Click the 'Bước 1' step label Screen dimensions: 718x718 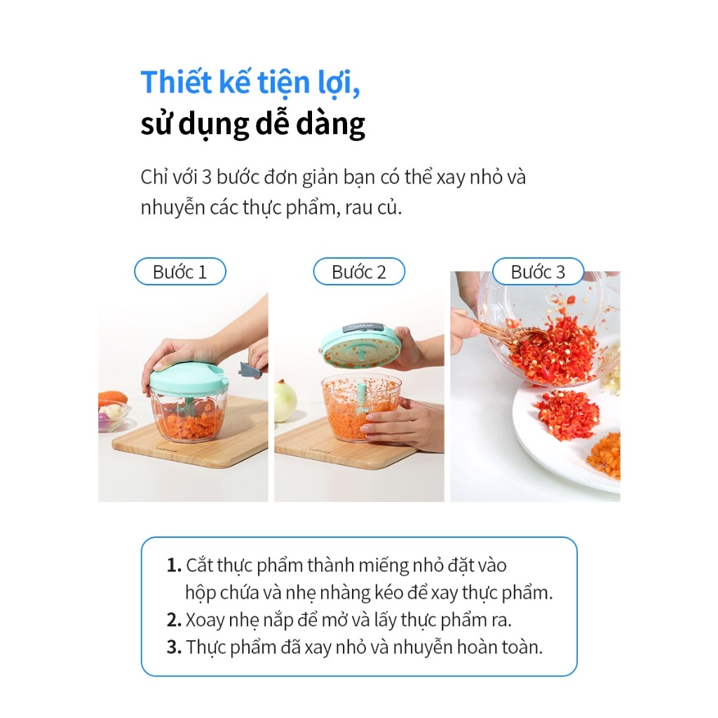(x=180, y=271)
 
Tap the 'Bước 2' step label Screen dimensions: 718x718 (x=359, y=271)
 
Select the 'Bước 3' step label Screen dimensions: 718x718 (x=538, y=271)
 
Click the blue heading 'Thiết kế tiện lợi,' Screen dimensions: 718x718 (x=250, y=83)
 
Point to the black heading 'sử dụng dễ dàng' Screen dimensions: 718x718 (x=252, y=124)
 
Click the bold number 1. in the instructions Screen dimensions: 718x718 (x=175, y=566)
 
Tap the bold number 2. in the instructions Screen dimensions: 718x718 (x=175, y=620)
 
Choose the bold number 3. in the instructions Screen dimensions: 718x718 (x=175, y=647)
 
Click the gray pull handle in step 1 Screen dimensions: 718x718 (x=252, y=369)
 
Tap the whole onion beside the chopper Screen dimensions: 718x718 (x=285, y=401)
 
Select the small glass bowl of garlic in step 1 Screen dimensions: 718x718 (x=112, y=416)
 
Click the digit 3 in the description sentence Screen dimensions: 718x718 (x=206, y=177)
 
